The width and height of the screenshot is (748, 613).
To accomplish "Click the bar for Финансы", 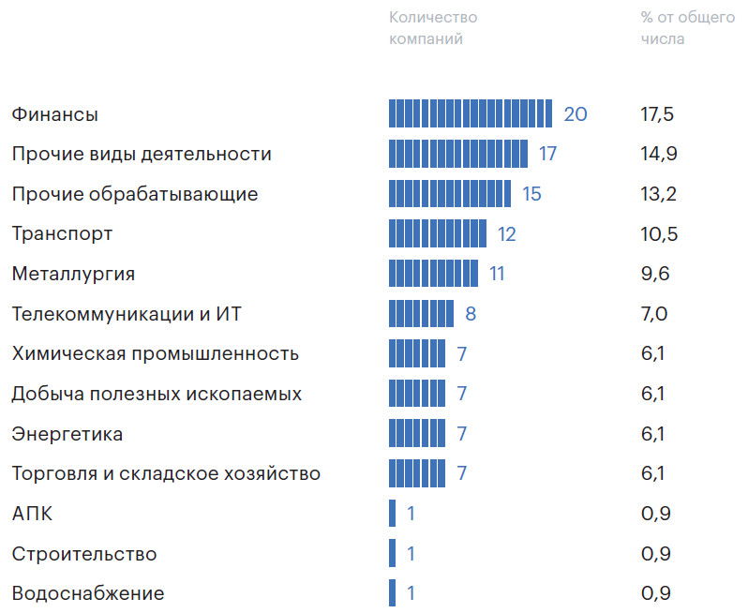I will (x=471, y=113).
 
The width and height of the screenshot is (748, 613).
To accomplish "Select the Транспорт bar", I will (x=438, y=233).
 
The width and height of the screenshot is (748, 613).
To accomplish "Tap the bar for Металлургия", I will (x=433, y=274).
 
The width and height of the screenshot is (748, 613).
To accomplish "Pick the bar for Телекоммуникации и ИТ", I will (x=421, y=313).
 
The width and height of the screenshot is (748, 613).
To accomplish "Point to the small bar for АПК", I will (x=392, y=514).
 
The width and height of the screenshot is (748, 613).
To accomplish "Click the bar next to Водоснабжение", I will (x=392, y=593).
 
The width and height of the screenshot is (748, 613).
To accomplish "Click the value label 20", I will (x=576, y=114).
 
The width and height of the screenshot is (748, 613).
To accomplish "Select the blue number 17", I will (x=548, y=154).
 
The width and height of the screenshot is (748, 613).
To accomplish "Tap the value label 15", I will (x=531, y=194).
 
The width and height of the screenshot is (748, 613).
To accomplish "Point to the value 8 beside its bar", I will (x=471, y=313).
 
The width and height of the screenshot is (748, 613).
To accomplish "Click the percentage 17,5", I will (x=657, y=114).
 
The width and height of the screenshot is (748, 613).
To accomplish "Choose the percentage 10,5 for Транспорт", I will (x=659, y=233).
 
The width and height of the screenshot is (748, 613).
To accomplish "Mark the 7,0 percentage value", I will (x=654, y=313).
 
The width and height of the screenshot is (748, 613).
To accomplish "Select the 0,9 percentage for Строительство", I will (x=656, y=554).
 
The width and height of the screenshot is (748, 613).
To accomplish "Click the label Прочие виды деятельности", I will (x=142, y=154).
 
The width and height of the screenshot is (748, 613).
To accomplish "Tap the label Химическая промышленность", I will (x=156, y=353).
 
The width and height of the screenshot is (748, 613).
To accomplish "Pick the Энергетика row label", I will (x=67, y=434).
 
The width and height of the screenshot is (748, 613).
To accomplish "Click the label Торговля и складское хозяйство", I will (x=166, y=473).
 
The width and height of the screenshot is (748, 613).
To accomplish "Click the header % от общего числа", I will (x=687, y=28).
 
